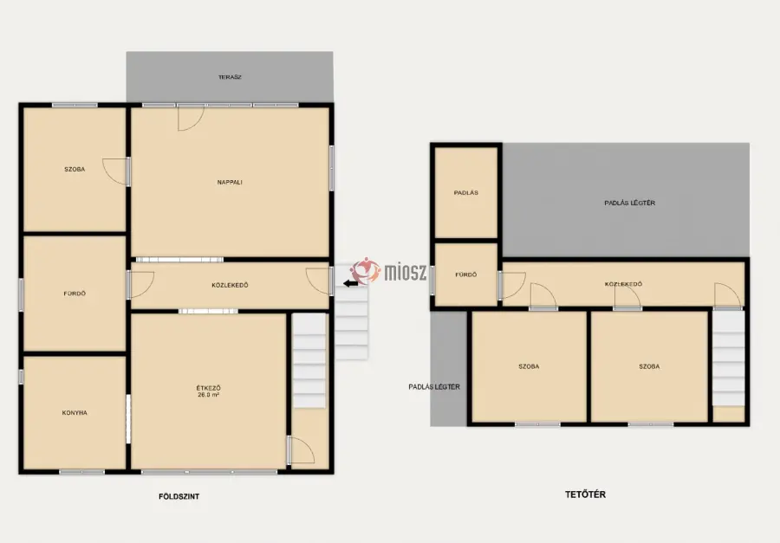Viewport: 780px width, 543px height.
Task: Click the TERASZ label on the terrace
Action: (230, 78)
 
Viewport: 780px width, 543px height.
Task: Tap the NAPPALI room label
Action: (230, 183)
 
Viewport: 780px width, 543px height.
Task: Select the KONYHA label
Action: (75, 413)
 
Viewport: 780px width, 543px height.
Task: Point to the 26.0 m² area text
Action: (208, 395)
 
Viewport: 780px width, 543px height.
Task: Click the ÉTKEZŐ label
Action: (208, 388)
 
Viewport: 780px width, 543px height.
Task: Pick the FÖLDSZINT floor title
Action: (179, 496)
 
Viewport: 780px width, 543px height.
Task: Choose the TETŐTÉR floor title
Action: (586, 495)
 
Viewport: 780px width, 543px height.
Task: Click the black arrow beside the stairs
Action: (350, 283)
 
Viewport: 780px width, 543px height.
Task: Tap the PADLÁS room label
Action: (466, 193)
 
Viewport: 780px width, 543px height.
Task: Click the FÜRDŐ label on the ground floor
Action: (75, 294)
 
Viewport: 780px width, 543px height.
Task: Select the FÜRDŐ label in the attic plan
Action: (466, 275)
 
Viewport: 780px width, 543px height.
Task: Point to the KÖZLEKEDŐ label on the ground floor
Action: (230, 286)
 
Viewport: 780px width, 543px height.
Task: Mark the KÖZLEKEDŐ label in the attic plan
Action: (623, 284)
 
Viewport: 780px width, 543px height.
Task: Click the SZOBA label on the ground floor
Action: (75, 170)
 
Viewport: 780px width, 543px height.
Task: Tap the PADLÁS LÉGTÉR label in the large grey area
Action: (630, 203)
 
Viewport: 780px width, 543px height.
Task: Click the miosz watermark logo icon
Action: (366, 272)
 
